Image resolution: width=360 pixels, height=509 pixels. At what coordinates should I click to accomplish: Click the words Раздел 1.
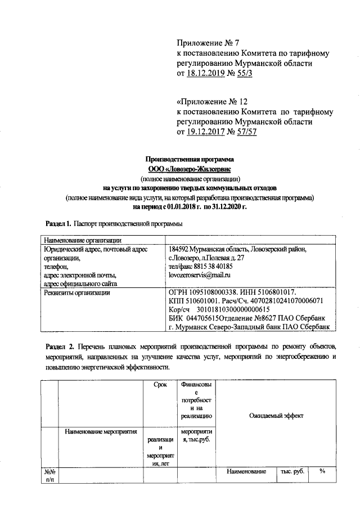(x=58, y=224)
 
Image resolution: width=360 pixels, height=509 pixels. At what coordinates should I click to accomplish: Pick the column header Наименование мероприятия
(x=101, y=432)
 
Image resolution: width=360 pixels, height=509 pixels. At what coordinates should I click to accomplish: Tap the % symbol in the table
(x=322, y=471)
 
